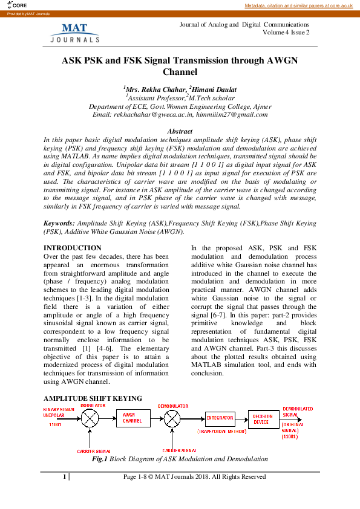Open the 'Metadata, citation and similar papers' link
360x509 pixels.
click(x=298, y=5)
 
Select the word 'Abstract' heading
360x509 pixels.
click(x=180, y=131)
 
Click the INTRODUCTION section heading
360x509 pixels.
click(x=73, y=248)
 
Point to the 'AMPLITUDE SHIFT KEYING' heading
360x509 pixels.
click(x=93, y=398)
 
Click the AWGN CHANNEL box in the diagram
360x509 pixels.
click(x=133, y=418)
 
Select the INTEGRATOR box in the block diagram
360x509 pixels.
click(x=220, y=418)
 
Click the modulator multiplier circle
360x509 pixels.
click(x=90, y=417)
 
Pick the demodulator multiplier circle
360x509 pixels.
click(x=172, y=418)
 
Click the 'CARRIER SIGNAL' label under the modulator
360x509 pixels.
click(x=93, y=451)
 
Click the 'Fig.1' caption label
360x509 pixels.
click(x=99, y=459)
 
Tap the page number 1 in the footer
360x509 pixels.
click(x=64, y=477)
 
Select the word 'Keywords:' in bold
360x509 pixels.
click(x=60, y=223)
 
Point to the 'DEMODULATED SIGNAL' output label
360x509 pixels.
click(x=298, y=412)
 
